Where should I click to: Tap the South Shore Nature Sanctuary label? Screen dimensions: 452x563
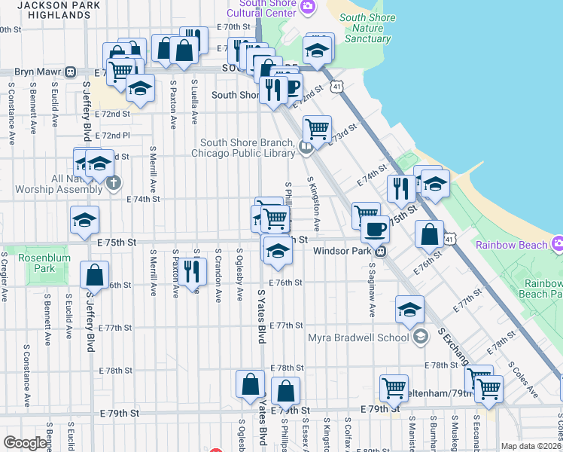[366, 29]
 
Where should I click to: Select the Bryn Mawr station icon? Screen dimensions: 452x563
[69, 72]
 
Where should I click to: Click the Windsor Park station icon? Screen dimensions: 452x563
[382, 251]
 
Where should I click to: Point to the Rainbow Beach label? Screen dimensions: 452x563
[510, 245]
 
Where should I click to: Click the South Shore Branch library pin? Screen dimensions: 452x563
[305, 148]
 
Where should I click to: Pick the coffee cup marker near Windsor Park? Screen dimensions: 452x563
[375, 228]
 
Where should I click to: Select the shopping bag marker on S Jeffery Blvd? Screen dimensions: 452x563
[94, 275]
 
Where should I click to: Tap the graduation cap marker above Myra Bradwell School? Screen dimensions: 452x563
[409, 310]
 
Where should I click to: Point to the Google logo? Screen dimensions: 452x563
[24, 443]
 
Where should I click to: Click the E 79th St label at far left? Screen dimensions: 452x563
[120, 414]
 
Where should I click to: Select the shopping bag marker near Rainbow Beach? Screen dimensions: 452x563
[428, 234]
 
